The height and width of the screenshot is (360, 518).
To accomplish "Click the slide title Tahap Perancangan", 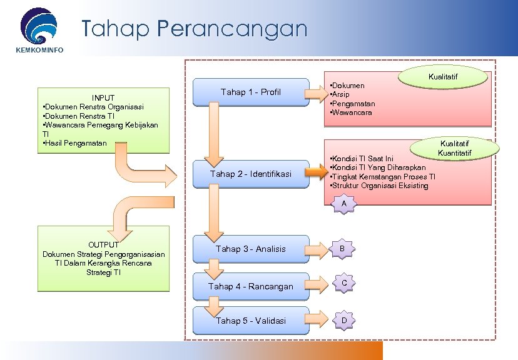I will point(195,29).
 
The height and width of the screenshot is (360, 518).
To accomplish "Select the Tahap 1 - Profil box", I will point(251,92).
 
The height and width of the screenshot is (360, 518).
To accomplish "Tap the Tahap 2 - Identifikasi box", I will point(251,174).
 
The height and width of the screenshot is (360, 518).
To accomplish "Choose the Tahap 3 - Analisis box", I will point(251,249).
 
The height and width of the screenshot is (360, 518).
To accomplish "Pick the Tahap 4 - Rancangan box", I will point(251,286).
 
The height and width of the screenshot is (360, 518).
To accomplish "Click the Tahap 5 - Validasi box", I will point(251,321).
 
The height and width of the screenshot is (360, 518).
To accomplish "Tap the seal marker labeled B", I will point(342,249).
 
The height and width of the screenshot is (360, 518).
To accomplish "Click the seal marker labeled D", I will point(342,321).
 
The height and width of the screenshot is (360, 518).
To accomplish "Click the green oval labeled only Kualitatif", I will point(443,77).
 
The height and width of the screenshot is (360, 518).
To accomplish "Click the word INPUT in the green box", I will point(103,97).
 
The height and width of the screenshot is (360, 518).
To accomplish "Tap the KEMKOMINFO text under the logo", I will point(39,50).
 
